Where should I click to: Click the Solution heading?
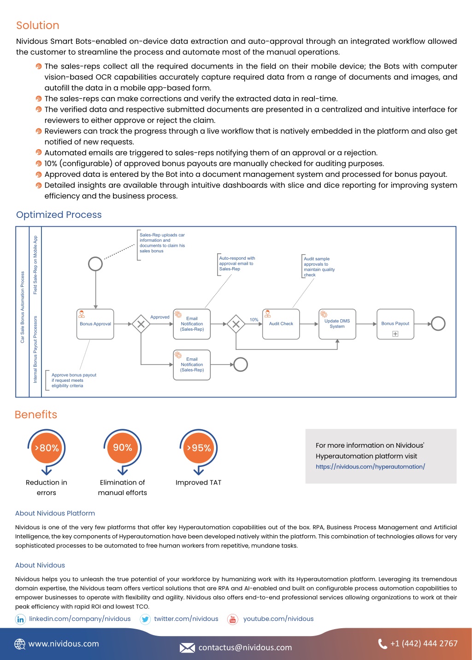point(38,25)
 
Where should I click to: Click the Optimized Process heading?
point(59,215)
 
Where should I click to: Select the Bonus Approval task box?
point(95,324)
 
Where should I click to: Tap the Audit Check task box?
point(281,324)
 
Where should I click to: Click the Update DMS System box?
point(337,324)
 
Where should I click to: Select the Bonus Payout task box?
point(395,324)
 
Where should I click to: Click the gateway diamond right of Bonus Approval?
point(141,324)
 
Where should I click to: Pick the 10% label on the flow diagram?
point(254,320)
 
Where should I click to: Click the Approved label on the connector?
point(160,317)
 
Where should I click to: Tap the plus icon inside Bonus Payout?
point(395,333)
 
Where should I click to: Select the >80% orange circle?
point(47,448)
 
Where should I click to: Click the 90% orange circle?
point(123,448)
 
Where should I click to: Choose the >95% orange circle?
point(199,448)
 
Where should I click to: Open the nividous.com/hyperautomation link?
point(370,467)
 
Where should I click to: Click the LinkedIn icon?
point(20,619)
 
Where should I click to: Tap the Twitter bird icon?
point(145,619)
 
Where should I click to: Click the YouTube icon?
point(233,619)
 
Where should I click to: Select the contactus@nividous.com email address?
point(245,647)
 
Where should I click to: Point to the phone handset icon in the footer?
point(383,644)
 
